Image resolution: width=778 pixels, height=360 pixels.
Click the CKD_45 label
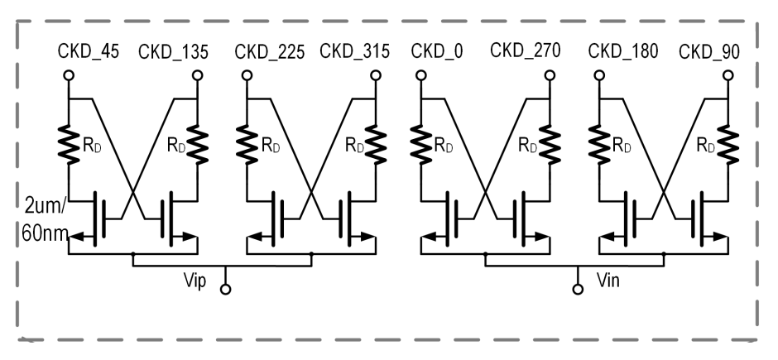click(89, 51)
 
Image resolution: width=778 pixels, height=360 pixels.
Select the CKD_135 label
click(173, 51)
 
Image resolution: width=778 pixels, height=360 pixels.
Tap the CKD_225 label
click(270, 51)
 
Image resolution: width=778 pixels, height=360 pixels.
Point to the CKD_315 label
click(355, 51)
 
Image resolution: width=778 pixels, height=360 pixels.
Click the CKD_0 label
click(437, 51)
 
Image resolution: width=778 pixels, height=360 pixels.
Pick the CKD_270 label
click(526, 50)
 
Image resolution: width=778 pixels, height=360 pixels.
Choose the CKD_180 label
click(623, 50)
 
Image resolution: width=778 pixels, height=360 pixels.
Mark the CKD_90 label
click(709, 51)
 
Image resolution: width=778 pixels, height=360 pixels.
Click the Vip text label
click(195, 281)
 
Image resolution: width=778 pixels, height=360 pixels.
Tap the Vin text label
click(608, 281)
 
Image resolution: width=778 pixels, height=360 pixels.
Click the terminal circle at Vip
click(226, 289)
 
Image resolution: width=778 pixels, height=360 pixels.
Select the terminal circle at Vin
click(578, 289)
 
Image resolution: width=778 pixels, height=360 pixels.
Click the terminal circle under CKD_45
click(69, 75)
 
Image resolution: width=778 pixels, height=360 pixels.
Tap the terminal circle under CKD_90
click(728, 75)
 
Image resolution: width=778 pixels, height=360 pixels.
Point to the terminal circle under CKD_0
click(420, 75)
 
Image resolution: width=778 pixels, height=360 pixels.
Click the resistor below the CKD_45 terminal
click(69, 145)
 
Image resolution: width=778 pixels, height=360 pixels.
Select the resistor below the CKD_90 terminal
click(728, 145)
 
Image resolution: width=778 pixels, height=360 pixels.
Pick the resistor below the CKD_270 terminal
click(550, 145)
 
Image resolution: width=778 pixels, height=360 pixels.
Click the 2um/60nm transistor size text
click(44, 219)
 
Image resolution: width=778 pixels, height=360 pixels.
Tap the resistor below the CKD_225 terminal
click(247, 145)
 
